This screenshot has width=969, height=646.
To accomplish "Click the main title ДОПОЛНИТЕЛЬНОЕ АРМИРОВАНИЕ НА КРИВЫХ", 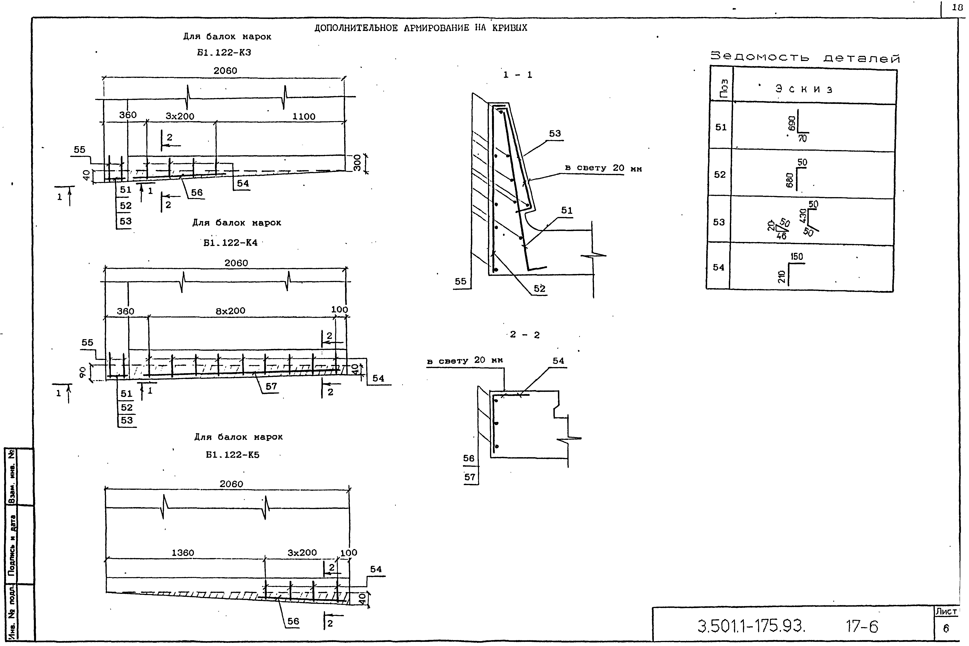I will coord(421,28).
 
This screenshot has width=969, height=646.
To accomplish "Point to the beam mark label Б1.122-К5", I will coord(233,455).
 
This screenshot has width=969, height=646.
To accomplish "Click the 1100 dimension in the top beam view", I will coord(304,117).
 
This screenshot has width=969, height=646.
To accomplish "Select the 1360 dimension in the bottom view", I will coord(183,553).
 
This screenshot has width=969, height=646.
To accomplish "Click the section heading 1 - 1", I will coord(518,75).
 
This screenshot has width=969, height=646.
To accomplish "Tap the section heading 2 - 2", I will coord(524,335).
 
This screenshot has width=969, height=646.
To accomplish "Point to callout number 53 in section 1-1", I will coord(555,134).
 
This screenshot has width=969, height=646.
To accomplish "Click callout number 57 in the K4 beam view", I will coord(271,387).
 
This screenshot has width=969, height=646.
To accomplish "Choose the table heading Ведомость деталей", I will coord(805,58).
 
